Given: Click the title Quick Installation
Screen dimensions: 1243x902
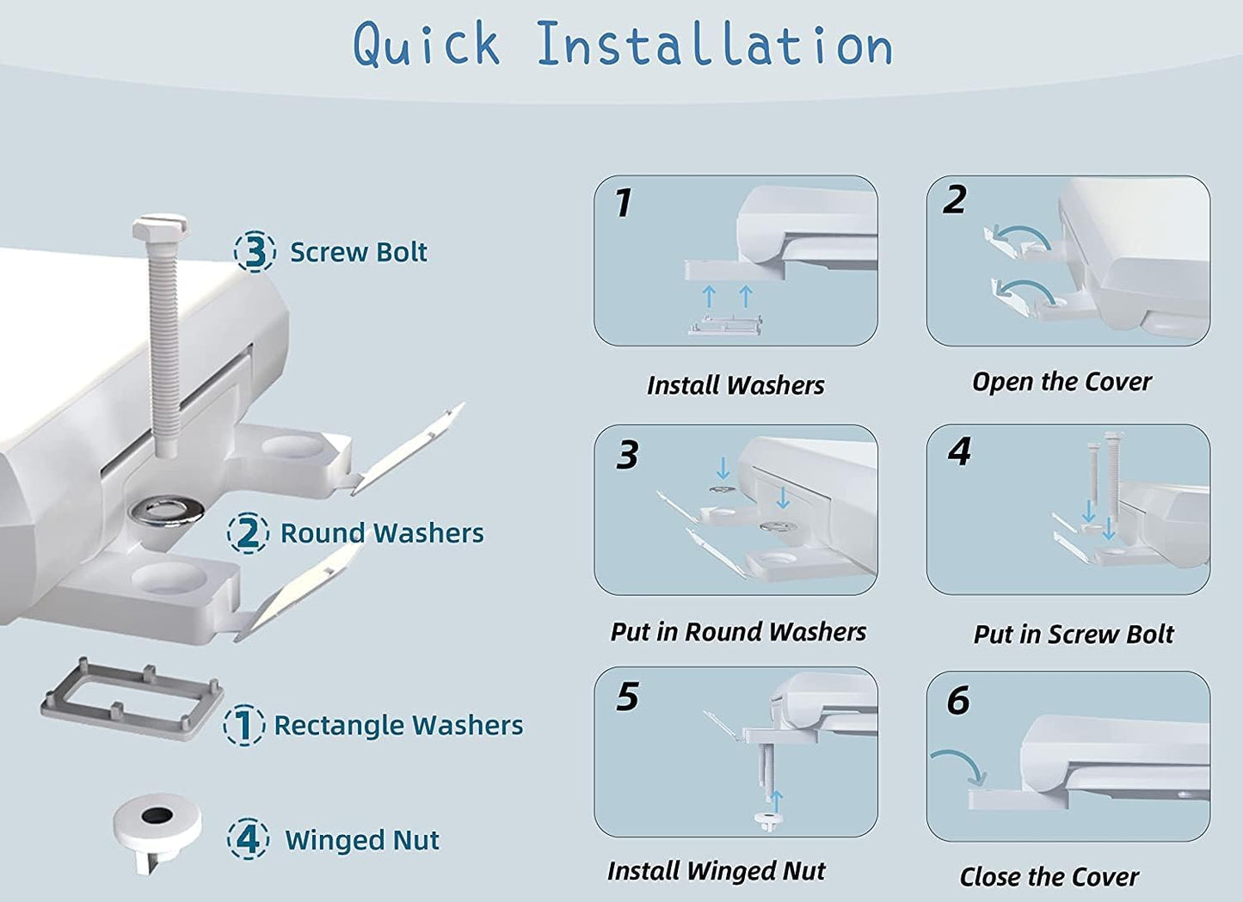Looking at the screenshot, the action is [x=623, y=46].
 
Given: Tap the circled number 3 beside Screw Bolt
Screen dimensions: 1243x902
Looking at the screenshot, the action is [x=255, y=251].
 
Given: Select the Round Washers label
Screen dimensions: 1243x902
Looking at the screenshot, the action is [x=382, y=532].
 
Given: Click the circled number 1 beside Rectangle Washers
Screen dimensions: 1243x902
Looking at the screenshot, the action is [x=244, y=725].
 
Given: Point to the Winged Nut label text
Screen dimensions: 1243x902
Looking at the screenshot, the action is [x=362, y=840].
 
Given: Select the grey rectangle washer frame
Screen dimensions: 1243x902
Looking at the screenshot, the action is [x=132, y=700].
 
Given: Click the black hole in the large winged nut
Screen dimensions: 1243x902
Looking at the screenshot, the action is [x=157, y=815].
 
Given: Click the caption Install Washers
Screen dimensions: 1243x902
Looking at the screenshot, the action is [x=735, y=385].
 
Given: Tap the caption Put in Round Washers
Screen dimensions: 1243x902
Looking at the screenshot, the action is [x=738, y=632].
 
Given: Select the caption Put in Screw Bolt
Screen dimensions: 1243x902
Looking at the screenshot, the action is [x=1074, y=634].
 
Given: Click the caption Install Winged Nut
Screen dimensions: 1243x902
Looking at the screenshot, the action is [x=717, y=870].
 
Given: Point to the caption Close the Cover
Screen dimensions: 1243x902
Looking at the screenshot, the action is [x=1049, y=877].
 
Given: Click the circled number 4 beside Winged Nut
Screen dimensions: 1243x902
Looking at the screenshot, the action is [x=248, y=839].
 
